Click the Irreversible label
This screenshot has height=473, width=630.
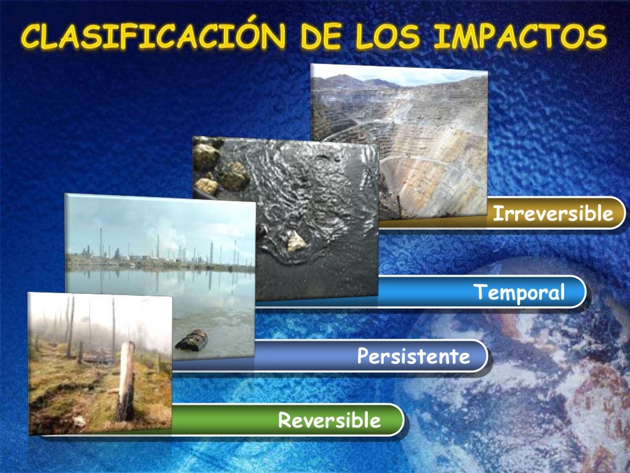552,214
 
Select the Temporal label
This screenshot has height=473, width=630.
518,292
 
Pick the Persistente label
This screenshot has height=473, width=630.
413,356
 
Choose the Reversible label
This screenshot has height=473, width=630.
329,421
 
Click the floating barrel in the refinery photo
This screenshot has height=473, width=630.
191,339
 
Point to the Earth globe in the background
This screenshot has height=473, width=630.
523,382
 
